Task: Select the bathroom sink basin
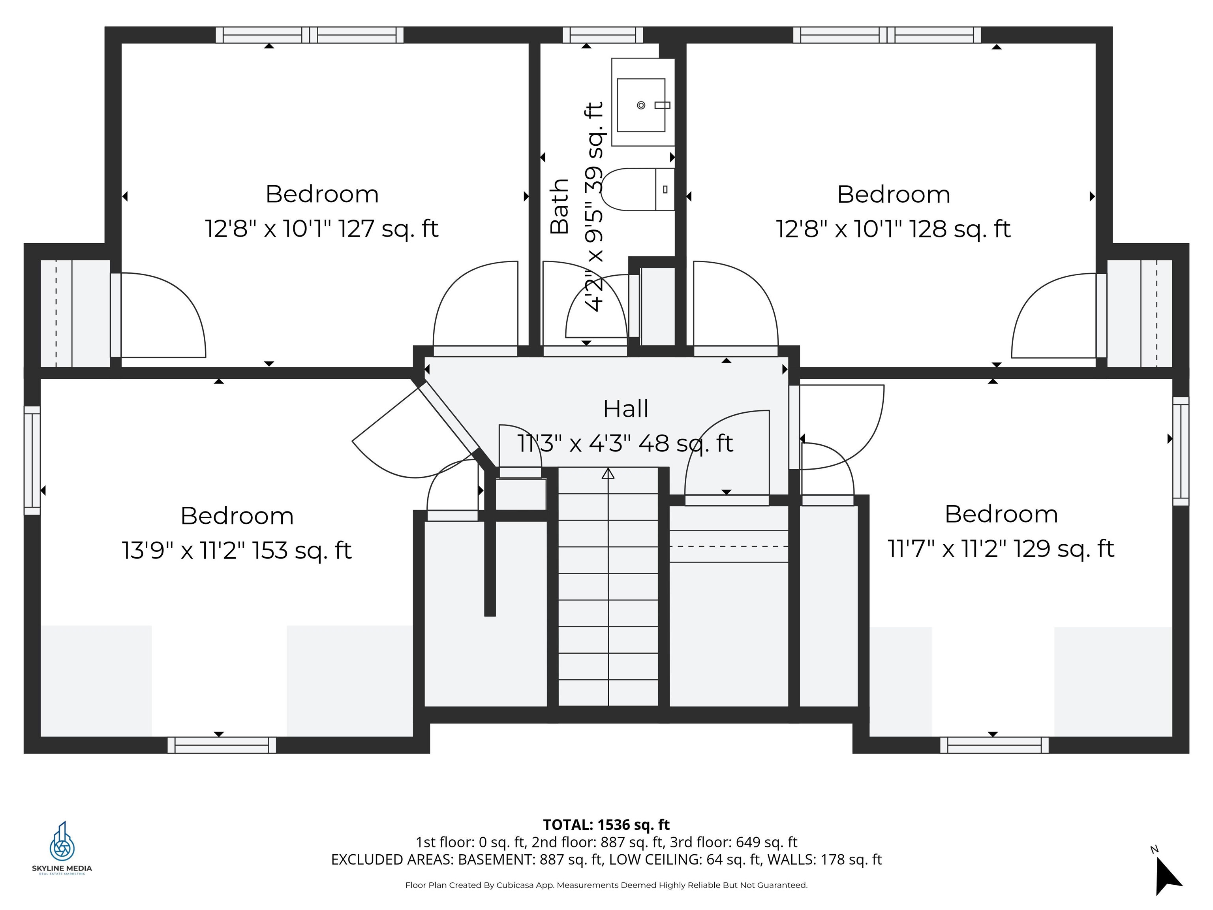tap(640, 105)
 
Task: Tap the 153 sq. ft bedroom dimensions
tap(237, 550)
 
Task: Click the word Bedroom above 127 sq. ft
tap(322, 194)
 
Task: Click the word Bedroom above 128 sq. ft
tap(893, 195)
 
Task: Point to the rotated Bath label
tap(560, 207)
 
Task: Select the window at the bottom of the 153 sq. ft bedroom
tap(222, 745)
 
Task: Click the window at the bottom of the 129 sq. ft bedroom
tap(994, 745)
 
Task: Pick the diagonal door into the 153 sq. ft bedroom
tap(449, 417)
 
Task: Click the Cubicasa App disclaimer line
tap(606, 885)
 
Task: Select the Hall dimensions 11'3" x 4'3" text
tap(625, 443)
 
